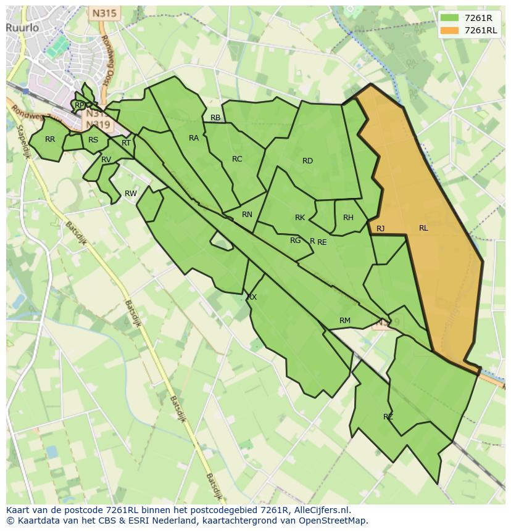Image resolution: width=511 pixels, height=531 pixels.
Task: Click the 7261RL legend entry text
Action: tap(481, 30)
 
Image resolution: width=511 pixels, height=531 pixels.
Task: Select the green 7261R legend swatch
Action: tap(450, 18)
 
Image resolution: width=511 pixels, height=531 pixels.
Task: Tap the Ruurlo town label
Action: tap(23, 28)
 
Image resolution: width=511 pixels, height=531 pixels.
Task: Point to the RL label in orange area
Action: tap(423, 228)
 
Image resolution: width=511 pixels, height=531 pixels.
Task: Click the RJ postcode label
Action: tap(381, 229)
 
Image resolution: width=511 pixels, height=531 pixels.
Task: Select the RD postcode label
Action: tap(307, 161)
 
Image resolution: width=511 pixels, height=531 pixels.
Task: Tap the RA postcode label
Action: tap(194, 138)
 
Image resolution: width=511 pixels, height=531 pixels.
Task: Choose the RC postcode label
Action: tap(237, 159)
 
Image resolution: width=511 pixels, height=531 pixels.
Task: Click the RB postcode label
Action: tap(215, 118)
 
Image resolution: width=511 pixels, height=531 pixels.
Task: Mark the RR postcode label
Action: tap(50, 139)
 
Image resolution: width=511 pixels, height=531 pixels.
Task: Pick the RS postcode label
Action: tap(93, 140)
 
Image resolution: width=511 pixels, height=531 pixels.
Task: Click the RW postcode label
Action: tap(131, 194)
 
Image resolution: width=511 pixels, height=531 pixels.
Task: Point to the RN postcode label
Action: tap(247, 215)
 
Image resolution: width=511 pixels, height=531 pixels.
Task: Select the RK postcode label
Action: tap(300, 218)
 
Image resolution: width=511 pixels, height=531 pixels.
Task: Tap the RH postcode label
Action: tap(348, 218)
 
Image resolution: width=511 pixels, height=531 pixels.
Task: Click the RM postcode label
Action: tap(345, 321)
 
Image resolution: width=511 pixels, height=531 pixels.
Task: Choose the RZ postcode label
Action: tap(388, 417)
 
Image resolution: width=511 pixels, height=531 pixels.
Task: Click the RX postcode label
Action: tap(252, 297)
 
